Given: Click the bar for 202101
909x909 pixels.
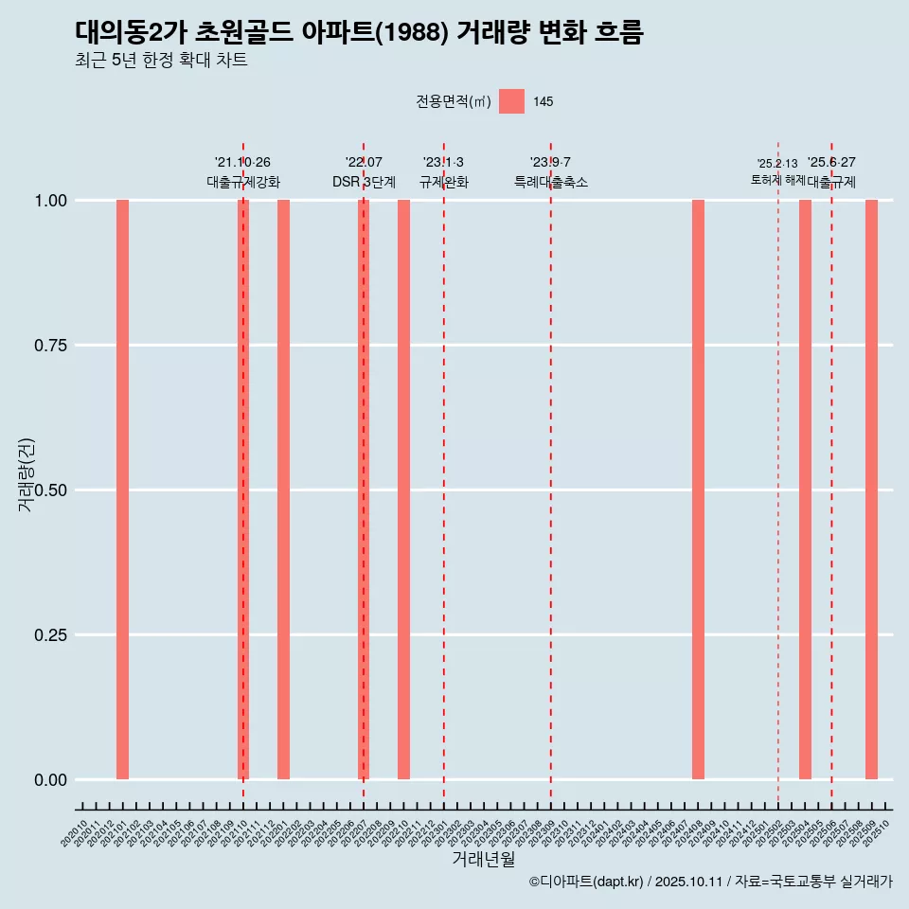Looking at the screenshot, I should coord(122,490).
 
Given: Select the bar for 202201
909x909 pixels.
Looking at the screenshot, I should coord(283,490).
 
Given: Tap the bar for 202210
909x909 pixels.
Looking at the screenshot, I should coord(403,490).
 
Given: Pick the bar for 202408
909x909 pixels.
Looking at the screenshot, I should coord(698,490).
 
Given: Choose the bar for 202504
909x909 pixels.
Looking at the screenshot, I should coord(805,490).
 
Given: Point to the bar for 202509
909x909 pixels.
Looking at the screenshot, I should coord(871,490).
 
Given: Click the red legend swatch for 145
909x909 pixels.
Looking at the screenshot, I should coord(511,101).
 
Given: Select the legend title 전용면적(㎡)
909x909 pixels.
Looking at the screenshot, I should coord(453,101).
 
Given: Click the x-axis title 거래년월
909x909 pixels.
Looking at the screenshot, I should coord(483,860).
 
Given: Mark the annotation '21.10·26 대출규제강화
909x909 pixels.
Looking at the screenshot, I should coord(243,172).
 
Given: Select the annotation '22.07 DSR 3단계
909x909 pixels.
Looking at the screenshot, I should coord(364,172).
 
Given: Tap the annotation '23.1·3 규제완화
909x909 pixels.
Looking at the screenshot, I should coord(443,172).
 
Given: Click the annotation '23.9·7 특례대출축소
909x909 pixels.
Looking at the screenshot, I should coord(550,172).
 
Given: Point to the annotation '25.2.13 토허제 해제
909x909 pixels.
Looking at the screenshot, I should coord(777,171).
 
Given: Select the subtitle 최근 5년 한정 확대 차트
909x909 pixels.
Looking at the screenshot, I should coord(161,61).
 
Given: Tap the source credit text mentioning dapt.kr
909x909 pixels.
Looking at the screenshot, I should coord(710,882).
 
